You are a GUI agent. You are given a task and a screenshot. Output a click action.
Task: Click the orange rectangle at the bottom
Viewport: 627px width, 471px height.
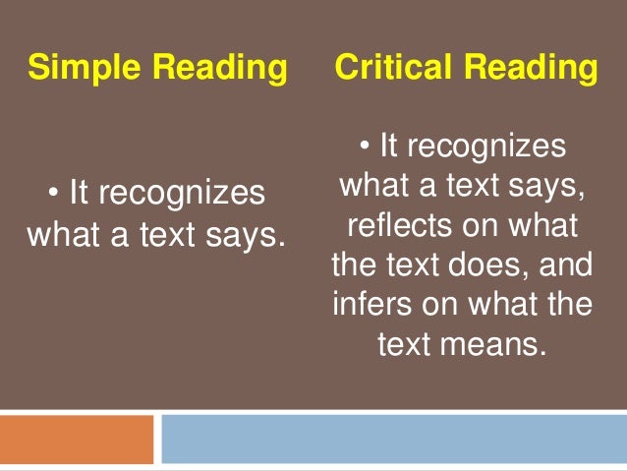click(77, 439)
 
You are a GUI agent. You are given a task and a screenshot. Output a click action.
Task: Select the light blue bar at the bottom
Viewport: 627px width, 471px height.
click(393, 439)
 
